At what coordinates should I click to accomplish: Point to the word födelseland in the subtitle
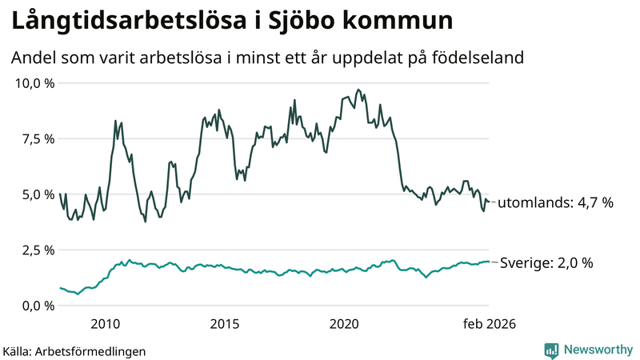(x=483, y=58)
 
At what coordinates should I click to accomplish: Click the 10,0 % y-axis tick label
(x=34, y=83)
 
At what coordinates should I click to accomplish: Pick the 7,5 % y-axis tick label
(x=37, y=138)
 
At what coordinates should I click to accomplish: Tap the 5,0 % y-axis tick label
(x=37, y=194)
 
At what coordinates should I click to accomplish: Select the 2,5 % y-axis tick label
(x=37, y=250)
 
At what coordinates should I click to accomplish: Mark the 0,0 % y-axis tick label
(x=37, y=306)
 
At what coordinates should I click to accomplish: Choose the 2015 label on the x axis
(x=225, y=324)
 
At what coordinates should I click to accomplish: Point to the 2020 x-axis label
(x=344, y=324)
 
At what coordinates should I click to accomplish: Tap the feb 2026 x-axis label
(x=490, y=324)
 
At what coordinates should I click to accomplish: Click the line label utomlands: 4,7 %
(x=555, y=203)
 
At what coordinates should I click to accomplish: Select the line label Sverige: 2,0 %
(x=546, y=262)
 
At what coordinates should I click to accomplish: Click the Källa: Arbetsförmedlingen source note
(x=74, y=350)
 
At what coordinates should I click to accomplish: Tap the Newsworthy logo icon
(x=551, y=350)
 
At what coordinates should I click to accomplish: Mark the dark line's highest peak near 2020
(x=358, y=90)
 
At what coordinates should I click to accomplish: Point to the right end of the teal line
(x=490, y=262)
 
